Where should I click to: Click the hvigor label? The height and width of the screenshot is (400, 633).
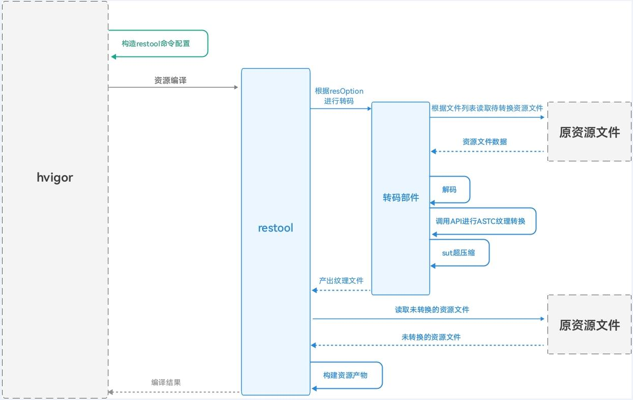[55, 178]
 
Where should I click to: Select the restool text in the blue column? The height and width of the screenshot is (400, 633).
[275, 228]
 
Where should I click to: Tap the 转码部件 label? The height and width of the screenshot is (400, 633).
[400, 197]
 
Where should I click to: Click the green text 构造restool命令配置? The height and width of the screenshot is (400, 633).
[156, 43]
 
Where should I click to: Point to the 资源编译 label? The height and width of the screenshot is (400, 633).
[170, 80]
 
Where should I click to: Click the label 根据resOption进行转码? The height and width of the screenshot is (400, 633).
[339, 96]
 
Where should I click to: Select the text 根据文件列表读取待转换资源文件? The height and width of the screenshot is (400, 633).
[487, 108]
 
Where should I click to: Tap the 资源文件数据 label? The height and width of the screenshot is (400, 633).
[484, 141]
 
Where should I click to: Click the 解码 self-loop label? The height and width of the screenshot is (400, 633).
[449, 189]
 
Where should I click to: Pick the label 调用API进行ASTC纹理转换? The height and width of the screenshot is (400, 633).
[480, 221]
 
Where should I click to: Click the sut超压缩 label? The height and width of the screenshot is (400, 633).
[458, 252]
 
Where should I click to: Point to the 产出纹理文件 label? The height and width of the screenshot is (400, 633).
[341, 280]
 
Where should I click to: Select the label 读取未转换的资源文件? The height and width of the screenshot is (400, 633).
[432, 309]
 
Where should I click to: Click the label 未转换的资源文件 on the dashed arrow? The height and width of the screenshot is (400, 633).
[431, 337]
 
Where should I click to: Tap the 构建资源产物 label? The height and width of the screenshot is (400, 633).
[345, 375]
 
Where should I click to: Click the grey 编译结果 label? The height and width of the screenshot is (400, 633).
[166, 382]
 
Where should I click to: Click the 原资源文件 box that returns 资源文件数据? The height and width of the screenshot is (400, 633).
[589, 132]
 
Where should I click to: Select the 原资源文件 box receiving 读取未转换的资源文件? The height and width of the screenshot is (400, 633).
[589, 325]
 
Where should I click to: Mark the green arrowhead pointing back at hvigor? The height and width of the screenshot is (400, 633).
[113, 56]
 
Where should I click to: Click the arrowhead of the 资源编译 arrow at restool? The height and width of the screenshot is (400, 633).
[236, 88]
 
